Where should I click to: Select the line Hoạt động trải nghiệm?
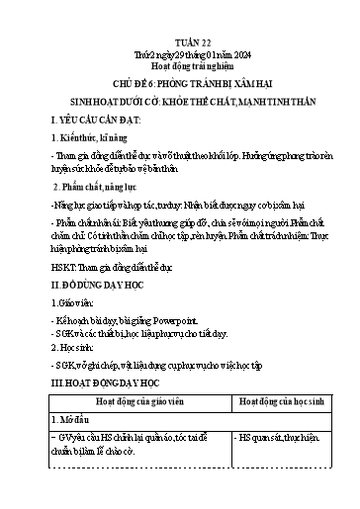180,57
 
